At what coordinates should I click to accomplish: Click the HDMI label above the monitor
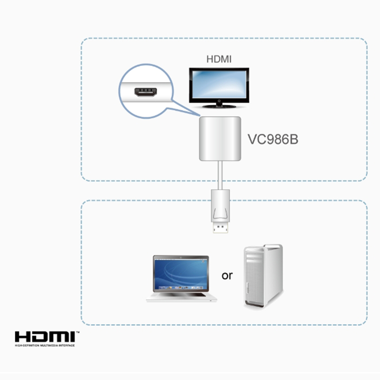point(218,59)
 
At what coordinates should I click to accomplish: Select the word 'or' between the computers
point(227,275)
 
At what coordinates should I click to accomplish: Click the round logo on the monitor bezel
point(219,101)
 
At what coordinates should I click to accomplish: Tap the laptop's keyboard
point(181,294)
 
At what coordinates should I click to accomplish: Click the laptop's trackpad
point(180,298)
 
